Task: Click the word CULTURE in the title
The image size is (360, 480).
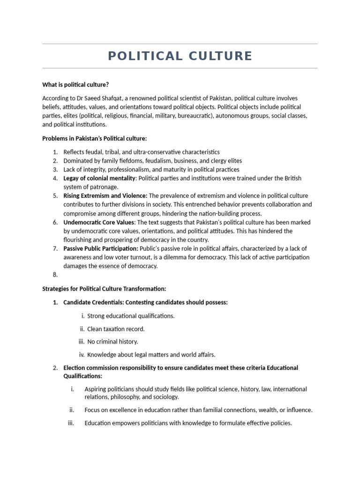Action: tap(220, 56)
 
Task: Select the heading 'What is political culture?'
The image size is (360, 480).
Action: tap(75, 84)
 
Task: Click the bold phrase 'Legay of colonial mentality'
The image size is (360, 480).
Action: tap(99, 178)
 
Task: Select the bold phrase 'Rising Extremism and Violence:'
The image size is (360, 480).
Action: tap(105, 195)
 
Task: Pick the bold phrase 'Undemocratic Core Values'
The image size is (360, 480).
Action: tap(99, 222)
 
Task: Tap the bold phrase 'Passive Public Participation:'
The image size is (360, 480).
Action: tap(101, 248)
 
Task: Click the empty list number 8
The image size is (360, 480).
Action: tap(55, 275)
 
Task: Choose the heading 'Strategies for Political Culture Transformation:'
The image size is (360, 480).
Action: tap(104, 289)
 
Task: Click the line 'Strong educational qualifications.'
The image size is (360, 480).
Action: tap(131, 316)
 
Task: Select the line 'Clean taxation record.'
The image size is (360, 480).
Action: tap(116, 329)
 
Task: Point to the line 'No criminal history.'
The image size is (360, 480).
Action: tap(112, 342)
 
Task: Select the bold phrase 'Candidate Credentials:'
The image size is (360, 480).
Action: tap(94, 302)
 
